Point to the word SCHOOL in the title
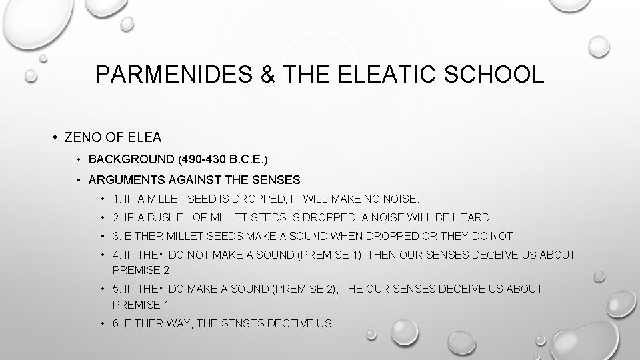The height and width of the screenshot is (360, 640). coord(497,74)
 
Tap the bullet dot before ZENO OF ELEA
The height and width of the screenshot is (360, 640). coord(53,138)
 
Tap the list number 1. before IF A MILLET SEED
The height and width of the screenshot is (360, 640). coord(117,199)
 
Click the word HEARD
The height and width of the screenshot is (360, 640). coord(472,217)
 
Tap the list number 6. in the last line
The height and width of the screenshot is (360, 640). coord(117,323)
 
